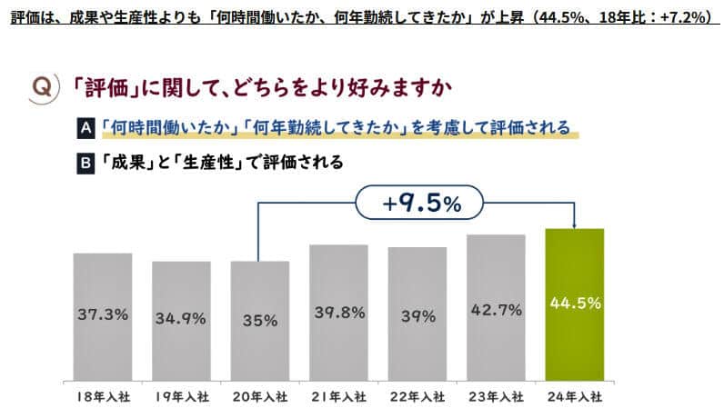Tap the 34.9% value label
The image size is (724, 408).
pyautogui.click(x=181, y=319)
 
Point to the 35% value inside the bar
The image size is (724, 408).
pyautogui.click(x=259, y=320)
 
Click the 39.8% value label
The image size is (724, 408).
pyautogui.click(x=338, y=313)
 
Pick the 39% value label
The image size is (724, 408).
pyautogui.click(x=417, y=314)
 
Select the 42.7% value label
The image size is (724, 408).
pyautogui.click(x=496, y=310)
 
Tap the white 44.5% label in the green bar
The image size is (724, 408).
pyautogui.click(x=574, y=304)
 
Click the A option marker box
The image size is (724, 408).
pyautogui.click(x=85, y=128)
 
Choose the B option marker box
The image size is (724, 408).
pyautogui.click(x=85, y=164)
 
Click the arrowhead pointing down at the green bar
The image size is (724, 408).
pyautogui.click(x=574, y=224)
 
